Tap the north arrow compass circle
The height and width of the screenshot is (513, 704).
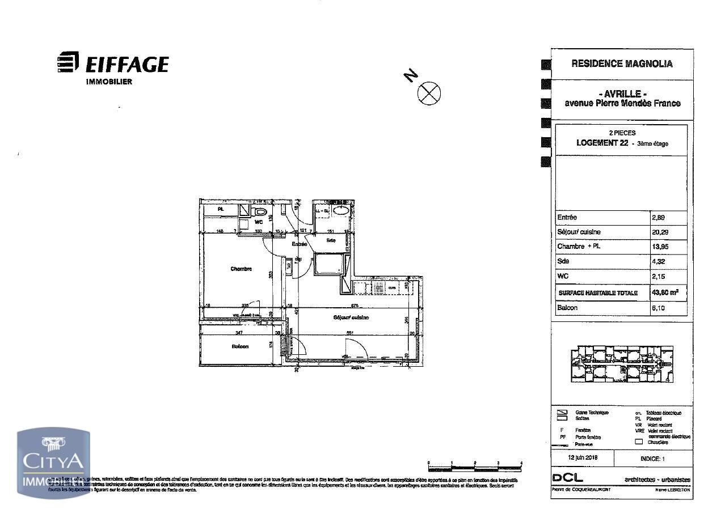pyautogui.click(x=429, y=93)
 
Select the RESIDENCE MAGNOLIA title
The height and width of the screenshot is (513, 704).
pyautogui.click(x=622, y=64)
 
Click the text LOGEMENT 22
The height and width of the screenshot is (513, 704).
pyautogui.click(x=602, y=143)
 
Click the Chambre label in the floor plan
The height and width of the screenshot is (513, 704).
pyautogui.click(x=241, y=269)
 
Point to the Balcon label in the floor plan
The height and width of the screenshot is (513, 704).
pyautogui.click(x=240, y=346)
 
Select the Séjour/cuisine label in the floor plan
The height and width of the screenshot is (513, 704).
pyautogui.click(x=351, y=317)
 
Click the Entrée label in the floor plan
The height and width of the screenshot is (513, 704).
pyautogui.click(x=299, y=244)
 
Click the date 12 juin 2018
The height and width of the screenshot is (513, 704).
pyautogui.click(x=583, y=457)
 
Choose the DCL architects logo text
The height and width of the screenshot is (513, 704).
pyautogui.click(x=567, y=479)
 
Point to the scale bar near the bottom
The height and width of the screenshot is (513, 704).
pyautogui.click(x=474, y=467)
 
